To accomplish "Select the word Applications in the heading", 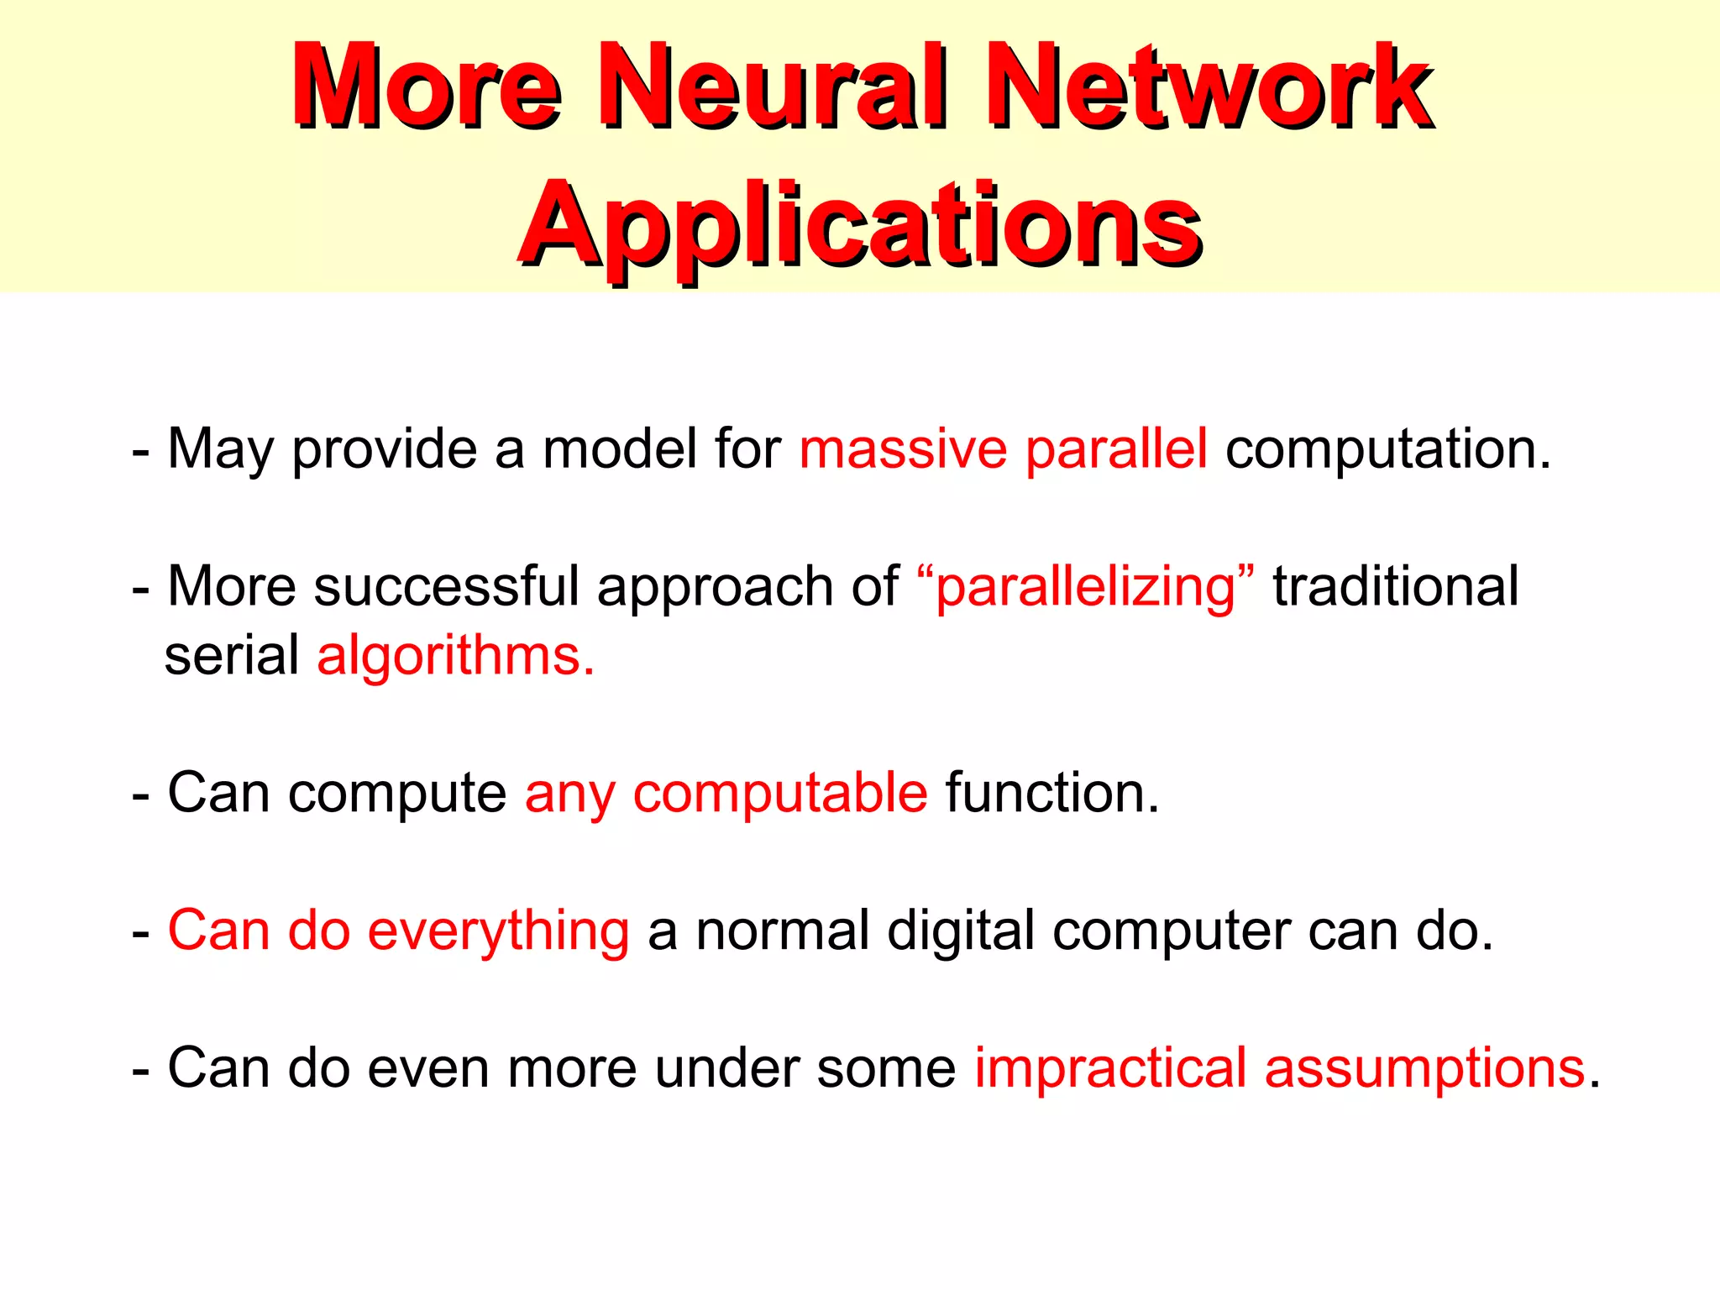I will [x=860, y=225].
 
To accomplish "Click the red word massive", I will [x=902, y=449].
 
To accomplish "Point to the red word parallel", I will [x=1116, y=449].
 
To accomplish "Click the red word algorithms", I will [x=454, y=657].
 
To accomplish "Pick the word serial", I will [x=232, y=656].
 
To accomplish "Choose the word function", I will [x=1050, y=793].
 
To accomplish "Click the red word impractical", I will [x=1109, y=1069].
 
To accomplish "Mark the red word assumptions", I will [x=1424, y=1070].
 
